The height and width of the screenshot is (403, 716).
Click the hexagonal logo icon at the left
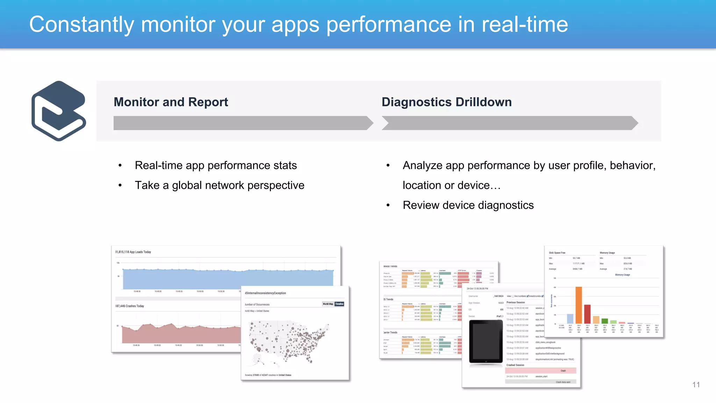point(59,111)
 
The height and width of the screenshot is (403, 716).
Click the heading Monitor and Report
point(171,102)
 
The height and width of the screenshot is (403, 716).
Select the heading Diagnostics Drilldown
point(446,102)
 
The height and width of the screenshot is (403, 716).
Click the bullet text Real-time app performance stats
point(216,165)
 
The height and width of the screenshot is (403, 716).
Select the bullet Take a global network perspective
point(220,185)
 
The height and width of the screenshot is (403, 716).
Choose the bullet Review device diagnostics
point(468,205)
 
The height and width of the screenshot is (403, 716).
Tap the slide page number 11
point(696,385)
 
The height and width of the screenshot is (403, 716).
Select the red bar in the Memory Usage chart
point(587,314)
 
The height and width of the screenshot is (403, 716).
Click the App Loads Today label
point(134,252)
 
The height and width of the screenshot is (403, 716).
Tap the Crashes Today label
point(130,306)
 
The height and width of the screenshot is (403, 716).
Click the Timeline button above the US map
point(339,304)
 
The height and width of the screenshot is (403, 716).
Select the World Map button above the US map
point(328,304)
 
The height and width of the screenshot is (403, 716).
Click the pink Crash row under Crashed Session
point(540,370)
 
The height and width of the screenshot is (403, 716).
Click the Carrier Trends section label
point(391,332)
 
